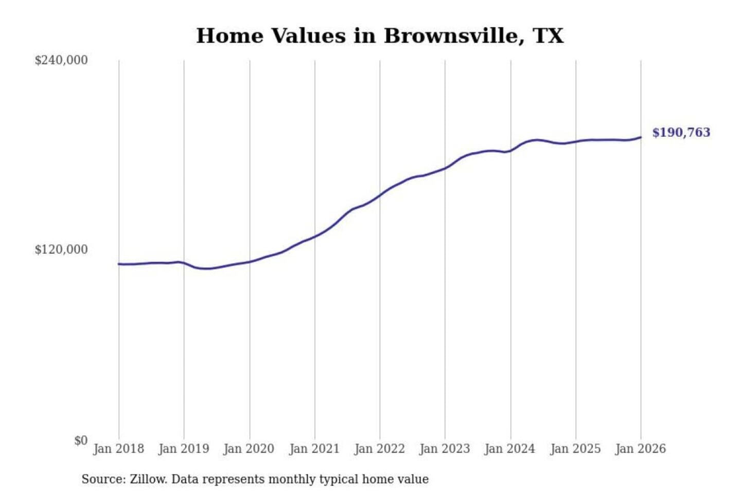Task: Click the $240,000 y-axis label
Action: (61, 60)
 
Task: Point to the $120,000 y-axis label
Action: (61, 250)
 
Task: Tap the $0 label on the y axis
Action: (81, 440)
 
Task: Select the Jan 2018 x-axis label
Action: (118, 449)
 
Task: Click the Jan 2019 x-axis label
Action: (184, 449)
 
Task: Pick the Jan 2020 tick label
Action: (249, 449)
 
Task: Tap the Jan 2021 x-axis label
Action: (314, 449)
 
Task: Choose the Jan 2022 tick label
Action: (380, 449)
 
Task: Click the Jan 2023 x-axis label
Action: (445, 449)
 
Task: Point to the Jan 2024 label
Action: (510, 449)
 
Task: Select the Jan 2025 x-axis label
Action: (575, 449)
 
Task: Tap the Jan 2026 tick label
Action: (641, 449)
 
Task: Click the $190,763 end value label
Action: (681, 133)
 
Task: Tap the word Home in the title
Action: (230, 36)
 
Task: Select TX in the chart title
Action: (549, 36)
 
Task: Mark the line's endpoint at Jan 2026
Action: (641, 137)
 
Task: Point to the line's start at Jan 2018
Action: (119, 264)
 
